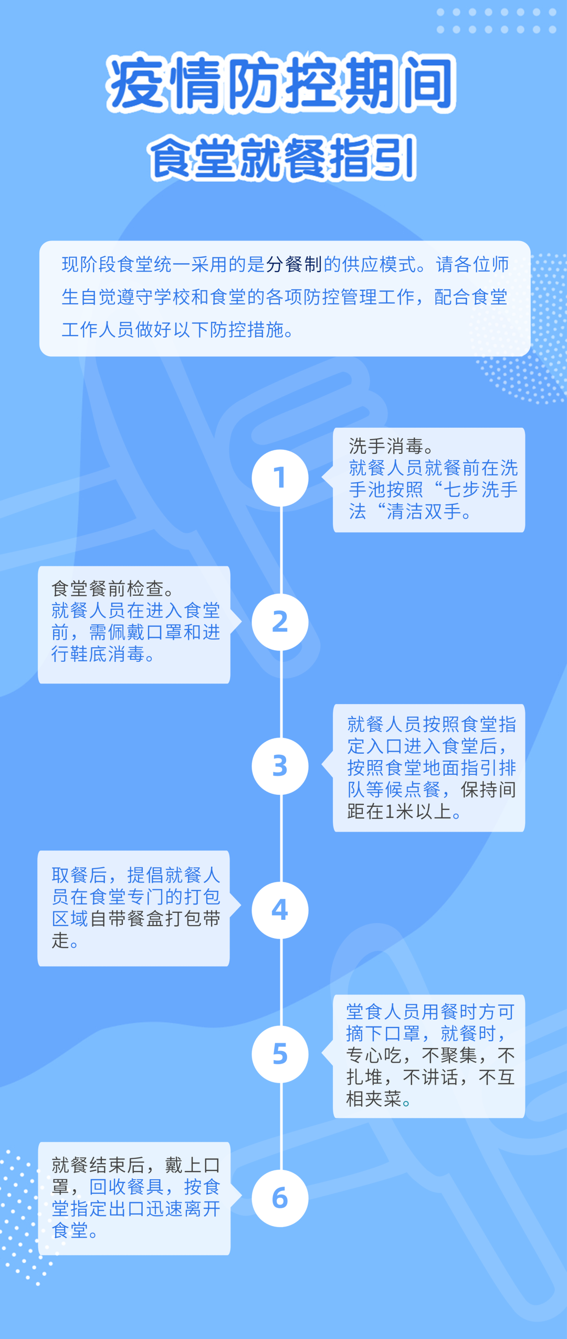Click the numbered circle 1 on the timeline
coord(280,478)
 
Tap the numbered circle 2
coord(280,622)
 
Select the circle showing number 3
coord(280,766)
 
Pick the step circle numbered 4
coord(280,910)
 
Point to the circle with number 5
coord(280,1054)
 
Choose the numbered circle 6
coord(280,1198)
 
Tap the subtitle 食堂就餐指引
coord(282,158)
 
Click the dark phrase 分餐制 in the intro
coord(293,264)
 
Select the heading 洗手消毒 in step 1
coord(386,446)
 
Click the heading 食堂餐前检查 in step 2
coord(108,588)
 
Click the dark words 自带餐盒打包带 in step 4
coord(155,918)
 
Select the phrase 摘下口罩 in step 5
coord(383,1033)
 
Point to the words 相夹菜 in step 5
coord(374,1098)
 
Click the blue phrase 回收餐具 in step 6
coord(126,1187)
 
